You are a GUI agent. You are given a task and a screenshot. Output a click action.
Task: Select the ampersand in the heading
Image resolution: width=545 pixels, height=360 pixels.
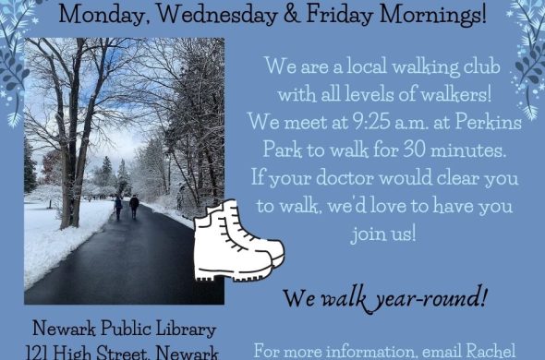coord(292,15)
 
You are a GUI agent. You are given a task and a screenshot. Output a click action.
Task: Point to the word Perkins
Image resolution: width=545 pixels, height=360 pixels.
coord(488,122)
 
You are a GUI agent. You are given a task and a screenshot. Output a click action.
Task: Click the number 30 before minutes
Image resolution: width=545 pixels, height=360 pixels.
coord(415,150)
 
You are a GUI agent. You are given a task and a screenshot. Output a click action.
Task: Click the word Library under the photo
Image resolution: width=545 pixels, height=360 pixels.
coord(186,329)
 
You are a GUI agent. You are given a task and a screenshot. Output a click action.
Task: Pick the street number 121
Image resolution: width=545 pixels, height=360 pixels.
coord(37,353)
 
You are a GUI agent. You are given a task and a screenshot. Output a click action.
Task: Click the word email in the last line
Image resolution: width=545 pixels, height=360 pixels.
coord(441,351)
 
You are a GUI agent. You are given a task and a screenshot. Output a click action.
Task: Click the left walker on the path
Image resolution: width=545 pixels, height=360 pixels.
coord(118,208)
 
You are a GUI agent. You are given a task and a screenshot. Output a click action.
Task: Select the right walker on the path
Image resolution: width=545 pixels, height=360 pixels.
coord(134,207)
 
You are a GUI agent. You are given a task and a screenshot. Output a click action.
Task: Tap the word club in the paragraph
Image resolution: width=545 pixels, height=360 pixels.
coord(482,66)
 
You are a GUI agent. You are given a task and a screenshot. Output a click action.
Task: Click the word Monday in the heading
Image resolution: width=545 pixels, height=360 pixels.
coord(104,16)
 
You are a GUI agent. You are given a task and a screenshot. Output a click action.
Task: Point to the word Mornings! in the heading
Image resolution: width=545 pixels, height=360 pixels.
coord(432,16)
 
